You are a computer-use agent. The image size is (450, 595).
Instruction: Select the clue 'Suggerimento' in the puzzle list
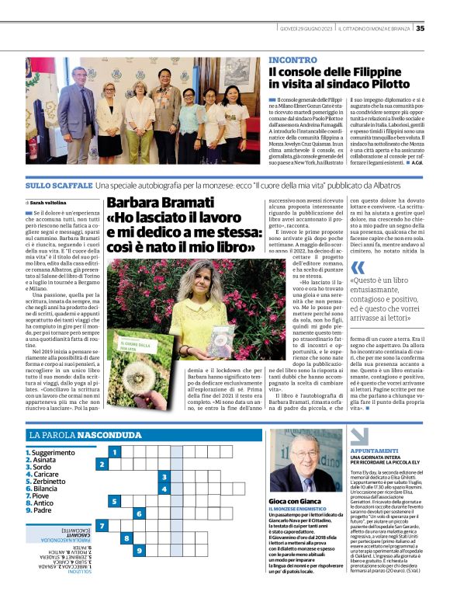tap(54, 452)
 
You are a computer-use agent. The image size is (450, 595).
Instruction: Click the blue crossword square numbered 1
tap(113, 451)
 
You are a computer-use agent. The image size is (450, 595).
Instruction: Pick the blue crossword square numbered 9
tap(137, 551)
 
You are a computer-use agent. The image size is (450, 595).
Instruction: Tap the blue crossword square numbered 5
tap(113, 501)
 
